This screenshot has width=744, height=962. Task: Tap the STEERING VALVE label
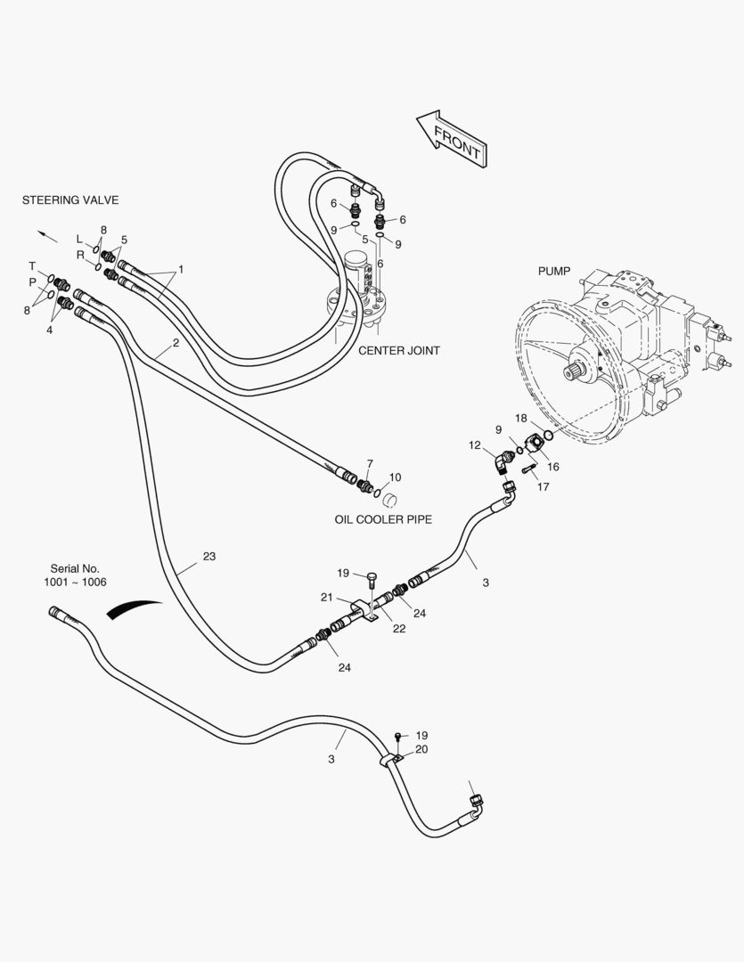(70, 200)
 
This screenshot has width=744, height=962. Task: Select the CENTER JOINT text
(398, 351)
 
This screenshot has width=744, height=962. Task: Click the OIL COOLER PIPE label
(383, 519)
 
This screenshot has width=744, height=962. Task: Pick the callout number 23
(208, 557)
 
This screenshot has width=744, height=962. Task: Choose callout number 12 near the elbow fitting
(475, 444)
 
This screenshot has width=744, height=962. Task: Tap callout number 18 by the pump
(520, 417)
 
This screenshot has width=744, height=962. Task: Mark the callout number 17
(543, 486)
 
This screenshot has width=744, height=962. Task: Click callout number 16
(553, 466)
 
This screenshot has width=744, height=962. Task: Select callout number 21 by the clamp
(326, 597)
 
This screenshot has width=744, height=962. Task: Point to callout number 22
(399, 628)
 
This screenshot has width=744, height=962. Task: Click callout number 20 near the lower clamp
(421, 749)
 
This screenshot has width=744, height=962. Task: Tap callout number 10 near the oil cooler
(395, 477)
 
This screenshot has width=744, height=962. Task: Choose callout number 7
(370, 463)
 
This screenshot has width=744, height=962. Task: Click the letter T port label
(33, 265)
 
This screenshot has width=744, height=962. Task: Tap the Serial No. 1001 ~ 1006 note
(75, 575)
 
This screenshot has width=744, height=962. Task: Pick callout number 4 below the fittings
(49, 330)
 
